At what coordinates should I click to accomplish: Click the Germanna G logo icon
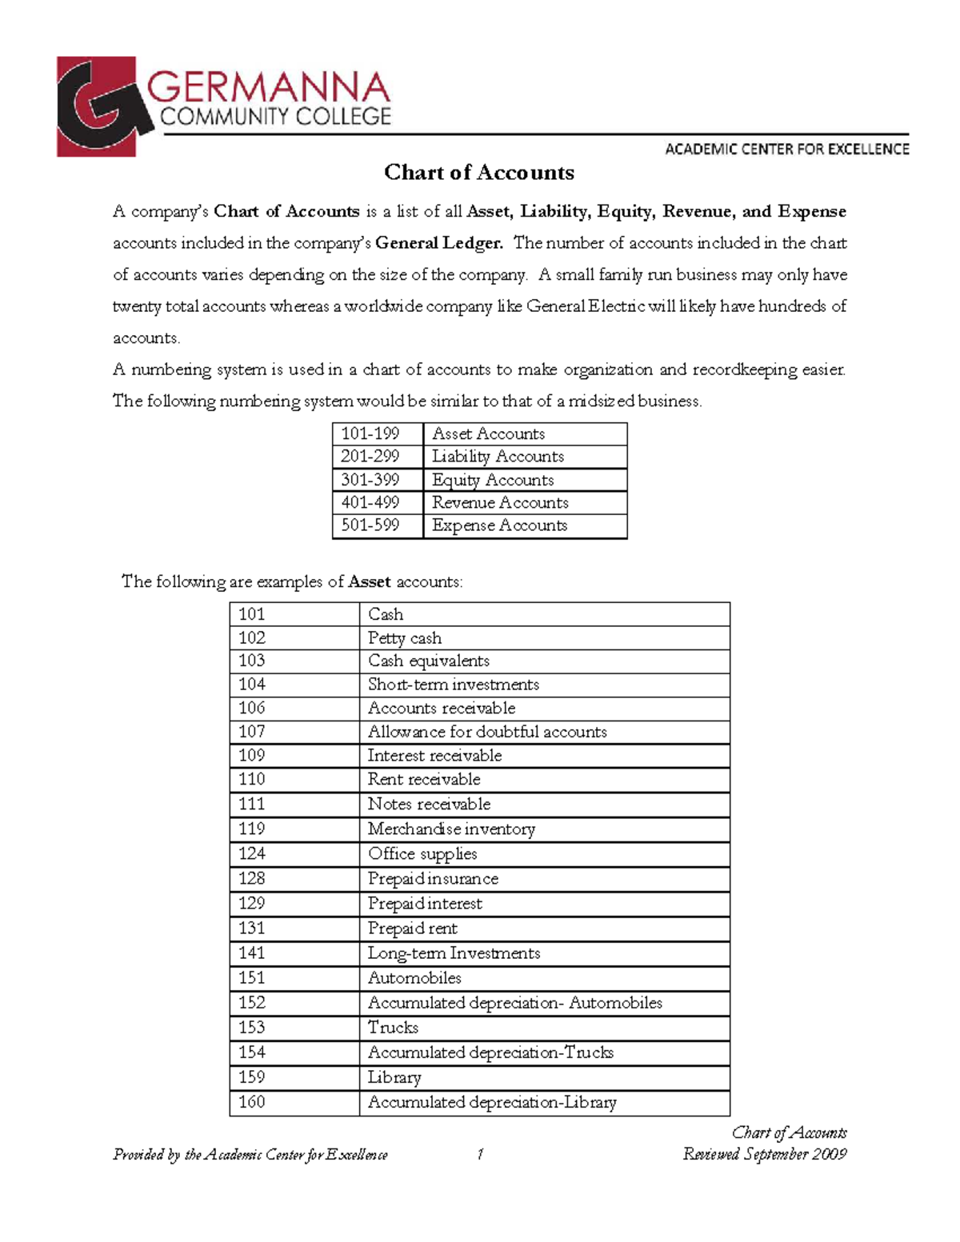tap(100, 106)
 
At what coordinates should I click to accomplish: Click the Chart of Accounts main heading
tap(478, 173)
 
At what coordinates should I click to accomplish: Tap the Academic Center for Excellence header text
tap(786, 149)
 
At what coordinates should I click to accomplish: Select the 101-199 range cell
tap(370, 433)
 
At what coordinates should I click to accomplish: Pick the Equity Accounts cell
tap(493, 480)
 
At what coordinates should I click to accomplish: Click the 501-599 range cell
tap(370, 525)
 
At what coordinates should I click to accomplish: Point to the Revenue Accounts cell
tap(500, 502)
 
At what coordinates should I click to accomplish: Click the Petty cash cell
tap(405, 638)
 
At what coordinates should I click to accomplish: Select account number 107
tap(252, 732)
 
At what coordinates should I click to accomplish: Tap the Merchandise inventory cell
tap(451, 829)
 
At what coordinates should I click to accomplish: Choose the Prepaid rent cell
tap(413, 929)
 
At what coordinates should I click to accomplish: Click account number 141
tap(252, 953)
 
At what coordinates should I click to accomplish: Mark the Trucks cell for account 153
tap(393, 1028)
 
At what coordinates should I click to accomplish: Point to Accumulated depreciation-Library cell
tap(492, 1102)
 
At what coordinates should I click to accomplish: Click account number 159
tap(252, 1077)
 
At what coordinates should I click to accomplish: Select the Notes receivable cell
tap(429, 805)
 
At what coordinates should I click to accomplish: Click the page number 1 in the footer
tap(480, 1154)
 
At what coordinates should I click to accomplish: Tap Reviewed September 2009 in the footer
tap(764, 1154)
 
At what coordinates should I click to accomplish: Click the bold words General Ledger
tap(438, 243)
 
